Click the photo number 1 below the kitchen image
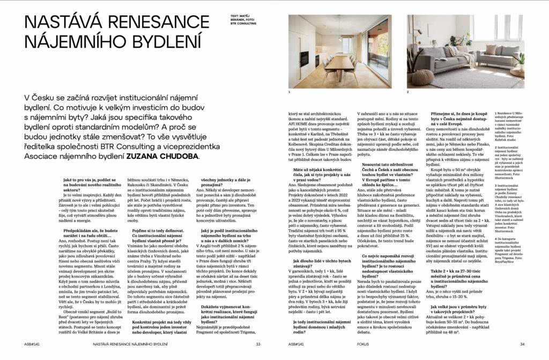(x=290, y=92)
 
